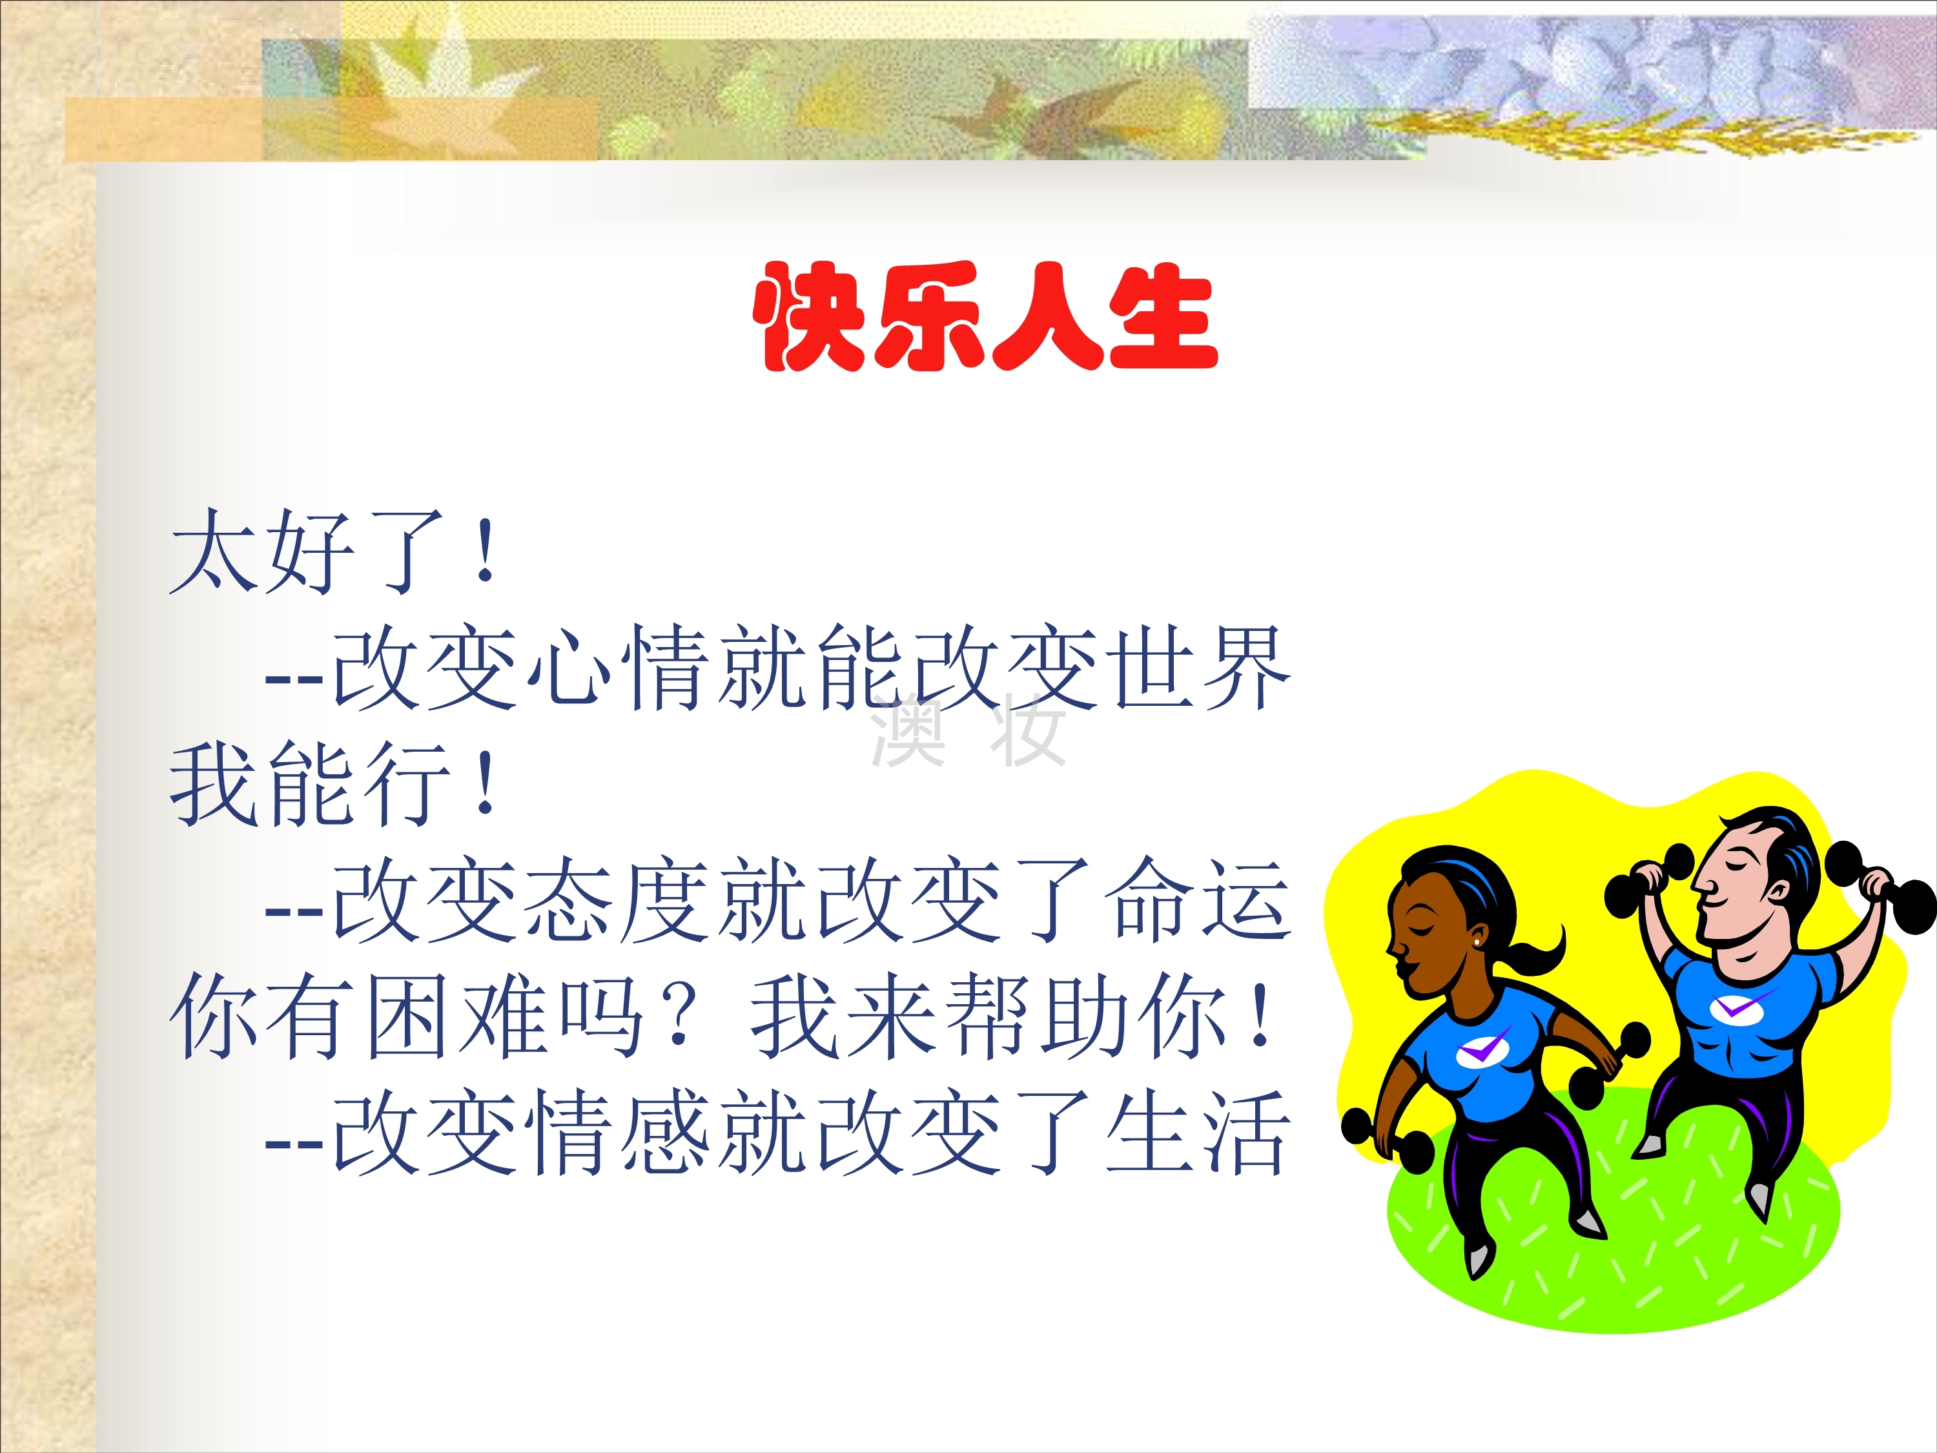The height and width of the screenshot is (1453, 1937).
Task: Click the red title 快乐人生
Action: pyautogui.click(x=986, y=317)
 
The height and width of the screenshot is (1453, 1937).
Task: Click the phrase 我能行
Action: pyautogui.click(x=310, y=784)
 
